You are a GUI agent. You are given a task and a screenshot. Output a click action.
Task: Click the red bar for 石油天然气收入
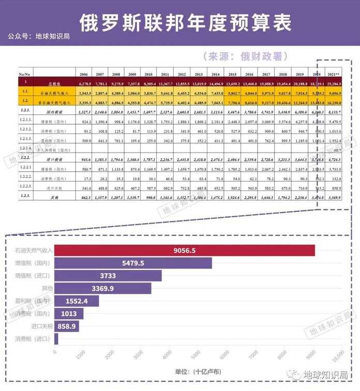point(185,250)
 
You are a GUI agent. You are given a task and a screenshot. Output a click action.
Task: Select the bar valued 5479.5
point(133,263)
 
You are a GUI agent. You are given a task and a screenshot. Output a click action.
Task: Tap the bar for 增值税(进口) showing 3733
point(108,276)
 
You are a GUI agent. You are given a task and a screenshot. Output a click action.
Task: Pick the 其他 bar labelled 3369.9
point(103,288)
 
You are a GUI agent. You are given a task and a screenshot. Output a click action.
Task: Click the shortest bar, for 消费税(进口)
point(56,338)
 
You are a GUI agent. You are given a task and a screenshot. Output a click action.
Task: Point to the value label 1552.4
point(77,301)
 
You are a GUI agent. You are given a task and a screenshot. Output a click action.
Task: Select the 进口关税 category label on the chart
point(41,326)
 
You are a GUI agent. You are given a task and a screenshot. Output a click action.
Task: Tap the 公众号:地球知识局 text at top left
point(39,36)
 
